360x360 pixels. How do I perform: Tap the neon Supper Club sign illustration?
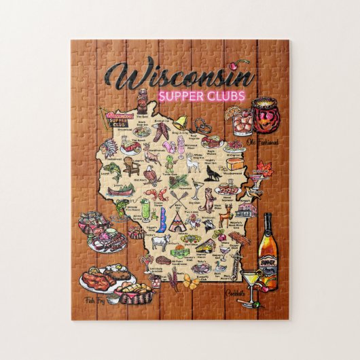pyautogui.click(x=114, y=118)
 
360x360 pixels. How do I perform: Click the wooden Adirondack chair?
pyautogui.click(x=132, y=166)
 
